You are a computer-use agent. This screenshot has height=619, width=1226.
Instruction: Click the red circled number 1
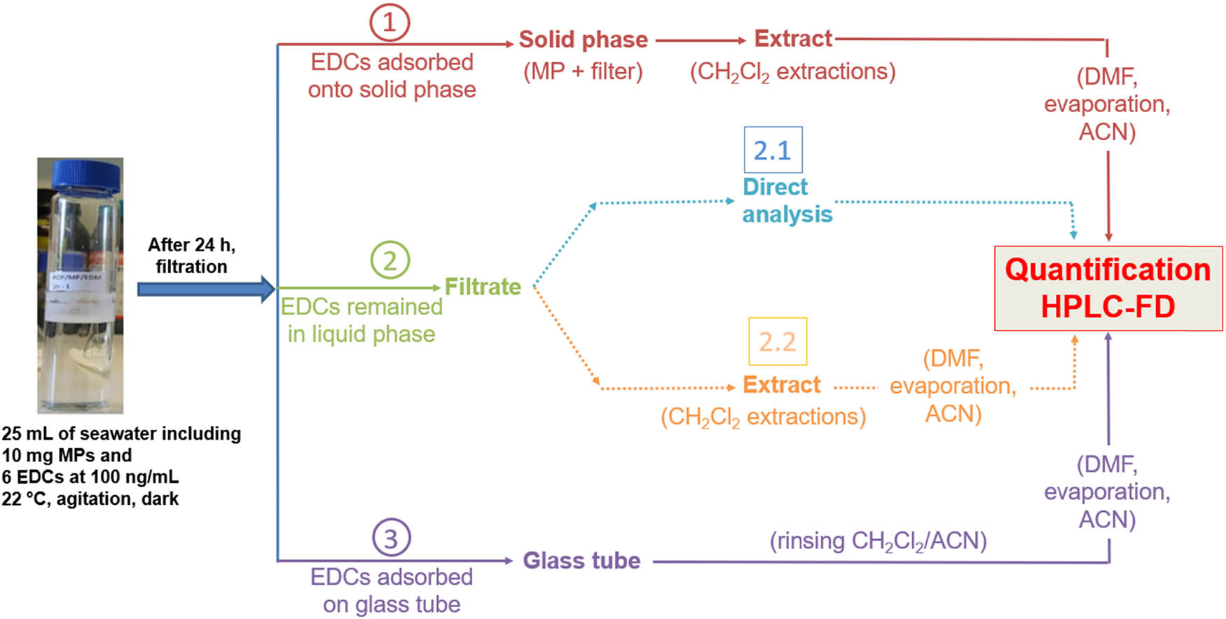[x=390, y=22]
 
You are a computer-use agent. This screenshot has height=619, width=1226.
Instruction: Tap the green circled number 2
[x=390, y=260]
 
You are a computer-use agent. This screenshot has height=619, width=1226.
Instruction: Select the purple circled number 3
[x=391, y=538]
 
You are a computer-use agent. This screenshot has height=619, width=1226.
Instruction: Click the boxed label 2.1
[x=773, y=150]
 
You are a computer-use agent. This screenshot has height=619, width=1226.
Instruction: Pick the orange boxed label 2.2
[x=778, y=342]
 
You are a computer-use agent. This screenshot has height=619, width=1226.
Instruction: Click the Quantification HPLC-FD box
[x=1108, y=288]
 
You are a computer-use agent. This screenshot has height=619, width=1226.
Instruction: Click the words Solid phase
[x=583, y=40]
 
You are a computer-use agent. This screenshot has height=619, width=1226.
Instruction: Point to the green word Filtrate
[x=483, y=286]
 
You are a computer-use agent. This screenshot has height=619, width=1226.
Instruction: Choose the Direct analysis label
[x=787, y=201]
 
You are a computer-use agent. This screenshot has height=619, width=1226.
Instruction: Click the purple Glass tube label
[x=581, y=560]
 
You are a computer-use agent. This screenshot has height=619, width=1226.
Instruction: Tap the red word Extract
[x=792, y=39]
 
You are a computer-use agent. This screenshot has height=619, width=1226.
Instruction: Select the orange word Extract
[x=781, y=385]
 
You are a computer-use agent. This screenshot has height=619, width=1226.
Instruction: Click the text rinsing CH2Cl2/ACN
[x=878, y=541]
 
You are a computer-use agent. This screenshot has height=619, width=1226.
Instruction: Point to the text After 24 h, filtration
[x=191, y=256]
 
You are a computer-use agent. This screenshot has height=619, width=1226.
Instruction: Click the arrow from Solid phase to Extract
[x=701, y=41]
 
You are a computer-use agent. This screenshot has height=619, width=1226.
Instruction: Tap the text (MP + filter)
[x=583, y=71]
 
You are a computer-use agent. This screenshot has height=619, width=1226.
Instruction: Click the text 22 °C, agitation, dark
[x=90, y=499]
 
